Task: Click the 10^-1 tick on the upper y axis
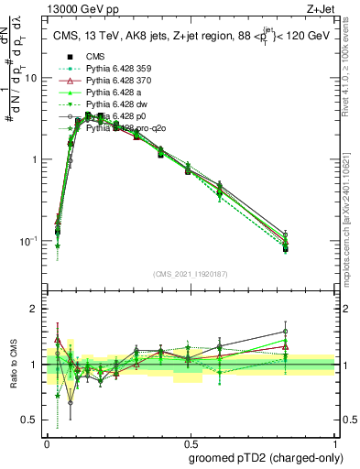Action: pos(30,241)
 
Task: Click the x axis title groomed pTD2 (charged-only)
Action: pos(265,457)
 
